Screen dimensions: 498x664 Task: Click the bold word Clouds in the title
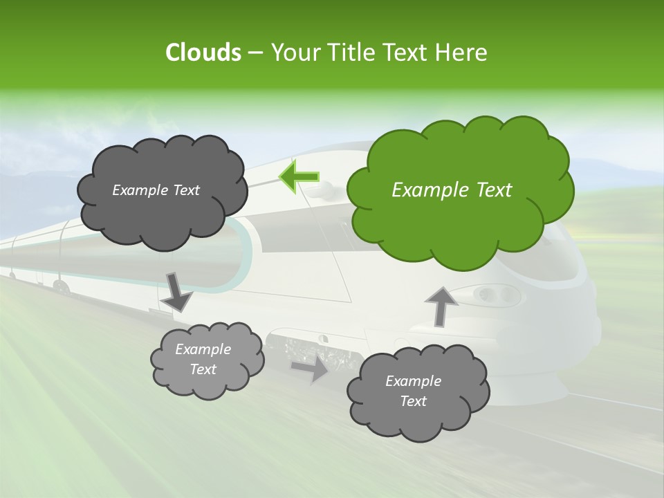coord(203,52)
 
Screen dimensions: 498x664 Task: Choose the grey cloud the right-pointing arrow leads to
coord(418,391)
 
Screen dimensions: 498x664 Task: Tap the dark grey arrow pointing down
coord(176,290)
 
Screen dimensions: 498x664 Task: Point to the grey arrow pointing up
coord(441,305)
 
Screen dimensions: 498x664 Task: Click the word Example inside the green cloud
coord(423,190)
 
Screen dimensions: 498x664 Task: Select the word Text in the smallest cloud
coord(203,369)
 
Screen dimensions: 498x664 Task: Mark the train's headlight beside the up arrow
coord(495,295)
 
